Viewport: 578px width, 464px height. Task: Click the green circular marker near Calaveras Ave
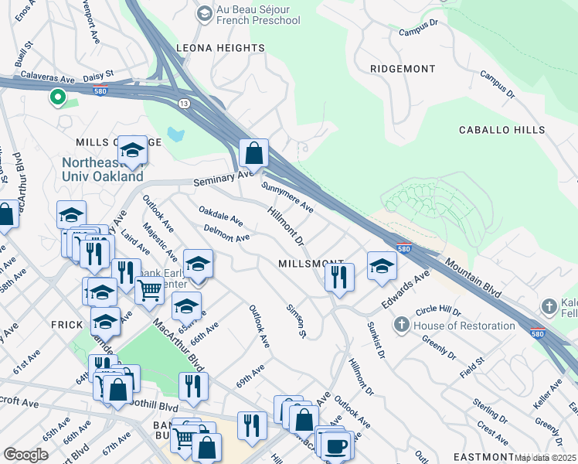[56, 97]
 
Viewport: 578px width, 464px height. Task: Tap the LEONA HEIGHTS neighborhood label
[220, 48]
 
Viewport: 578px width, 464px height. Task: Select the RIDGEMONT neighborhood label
[403, 69]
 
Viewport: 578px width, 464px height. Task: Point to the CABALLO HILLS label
[501, 130]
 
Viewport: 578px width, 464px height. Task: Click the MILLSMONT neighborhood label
[310, 264]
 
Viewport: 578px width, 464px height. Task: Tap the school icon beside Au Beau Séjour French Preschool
[204, 13]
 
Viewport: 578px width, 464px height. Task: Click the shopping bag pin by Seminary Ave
[253, 154]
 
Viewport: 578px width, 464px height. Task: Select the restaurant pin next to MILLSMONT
[339, 276]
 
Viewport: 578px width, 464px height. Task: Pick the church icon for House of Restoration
[401, 326]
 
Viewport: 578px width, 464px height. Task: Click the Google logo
[25, 455]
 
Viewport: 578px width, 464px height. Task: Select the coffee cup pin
[336, 445]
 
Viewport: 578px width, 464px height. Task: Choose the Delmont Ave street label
[226, 233]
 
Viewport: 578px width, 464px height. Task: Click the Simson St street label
[296, 319]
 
